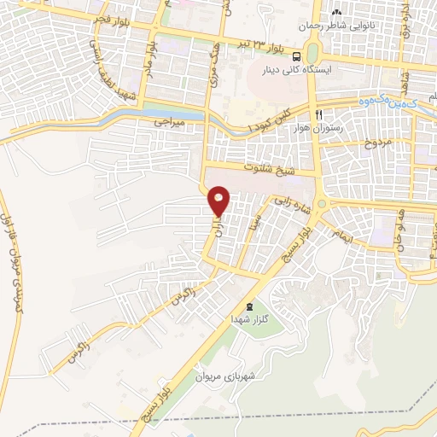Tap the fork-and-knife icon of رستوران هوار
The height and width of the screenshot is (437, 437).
point(318,114)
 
